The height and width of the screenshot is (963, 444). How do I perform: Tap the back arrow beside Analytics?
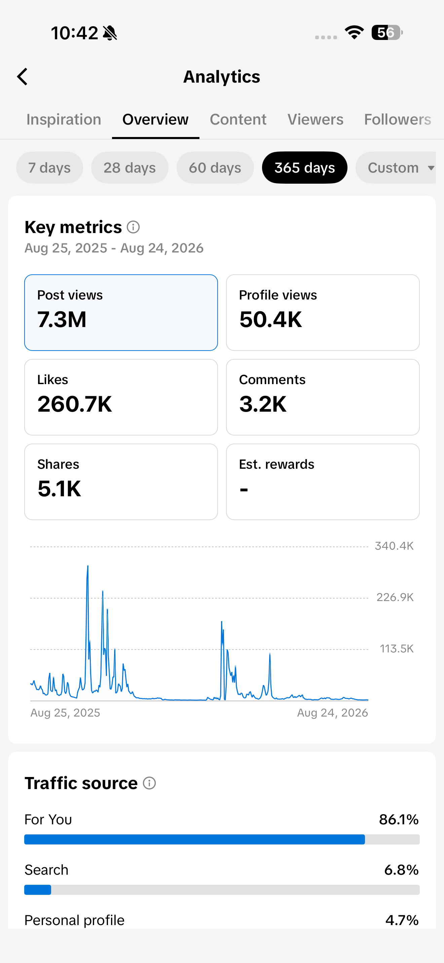(x=23, y=77)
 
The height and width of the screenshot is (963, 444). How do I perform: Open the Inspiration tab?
(x=64, y=120)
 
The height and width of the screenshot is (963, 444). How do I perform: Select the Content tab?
(x=238, y=120)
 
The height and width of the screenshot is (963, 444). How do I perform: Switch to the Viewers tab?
(x=315, y=120)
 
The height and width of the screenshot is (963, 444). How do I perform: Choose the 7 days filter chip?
(x=49, y=168)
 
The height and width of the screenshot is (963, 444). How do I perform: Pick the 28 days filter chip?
(x=129, y=168)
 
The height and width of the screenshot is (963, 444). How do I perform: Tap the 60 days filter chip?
(x=215, y=168)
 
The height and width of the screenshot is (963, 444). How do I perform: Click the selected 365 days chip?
(x=305, y=168)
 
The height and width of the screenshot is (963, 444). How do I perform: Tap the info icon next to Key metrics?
(x=133, y=227)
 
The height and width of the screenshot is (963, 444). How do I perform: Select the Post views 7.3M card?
(x=121, y=313)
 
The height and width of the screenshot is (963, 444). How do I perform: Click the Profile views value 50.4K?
(x=271, y=320)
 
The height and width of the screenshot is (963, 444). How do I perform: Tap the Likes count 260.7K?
(x=74, y=404)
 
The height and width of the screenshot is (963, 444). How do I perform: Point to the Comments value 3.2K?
(x=263, y=404)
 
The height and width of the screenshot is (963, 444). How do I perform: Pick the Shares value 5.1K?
(x=59, y=489)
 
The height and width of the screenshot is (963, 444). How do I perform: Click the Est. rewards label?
(x=276, y=464)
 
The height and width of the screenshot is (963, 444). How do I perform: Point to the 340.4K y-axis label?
(x=394, y=546)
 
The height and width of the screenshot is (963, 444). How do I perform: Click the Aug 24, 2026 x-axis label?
(x=332, y=713)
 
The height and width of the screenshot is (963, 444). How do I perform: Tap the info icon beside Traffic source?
(x=149, y=783)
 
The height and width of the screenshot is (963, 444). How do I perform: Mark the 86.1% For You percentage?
(x=399, y=819)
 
